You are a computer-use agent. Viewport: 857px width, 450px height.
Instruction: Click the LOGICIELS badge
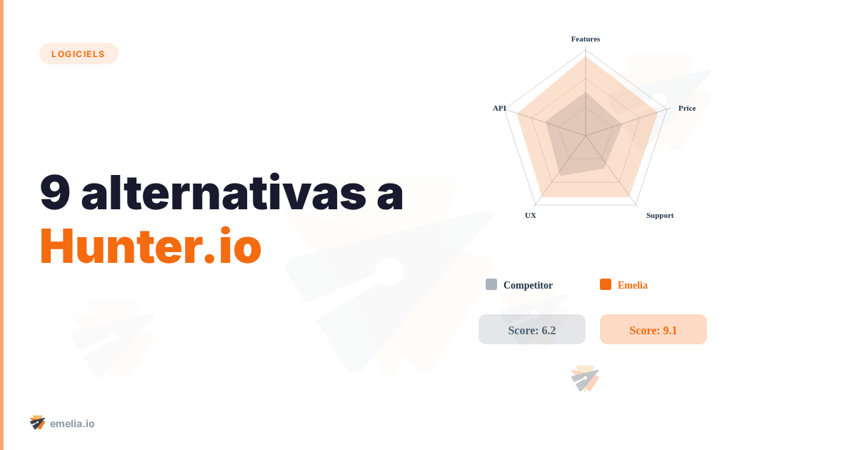pyautogui.click(x=79, y=54)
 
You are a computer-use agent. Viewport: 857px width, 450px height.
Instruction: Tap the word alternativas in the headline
pyautogui.click(x=223, y=193)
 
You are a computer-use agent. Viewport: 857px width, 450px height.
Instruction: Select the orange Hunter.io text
pyautogui.click(x=150, y=247)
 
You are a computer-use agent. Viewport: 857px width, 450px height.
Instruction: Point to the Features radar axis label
pyautogui.click(x=586, y=39)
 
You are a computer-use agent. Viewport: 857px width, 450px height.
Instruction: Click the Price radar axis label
pyautogui.click(x=687, y=108)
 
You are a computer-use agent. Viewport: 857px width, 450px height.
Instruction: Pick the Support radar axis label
pyautogui.click(x=660, y=215)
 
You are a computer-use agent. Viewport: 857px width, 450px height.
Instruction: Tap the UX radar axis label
pyautogui.click(x=531, y=215)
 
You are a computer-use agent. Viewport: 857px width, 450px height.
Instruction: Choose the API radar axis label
pyautogui.click(x=499, y=108)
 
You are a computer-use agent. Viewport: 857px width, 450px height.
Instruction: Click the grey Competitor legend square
pyautogui.click(x=491, y=284)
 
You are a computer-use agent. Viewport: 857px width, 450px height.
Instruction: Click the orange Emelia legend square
pyautogui.click(x=606, y=284)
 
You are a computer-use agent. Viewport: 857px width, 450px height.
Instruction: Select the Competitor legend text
pyautogui.click(x=528, y=285)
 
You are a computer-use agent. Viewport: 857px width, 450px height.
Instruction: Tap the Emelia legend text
pyautogui.click(x=633, y=285)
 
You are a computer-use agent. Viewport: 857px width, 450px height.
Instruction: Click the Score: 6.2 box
pyautogui.click(x=532, y=329)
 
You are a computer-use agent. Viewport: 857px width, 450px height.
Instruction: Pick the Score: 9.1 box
pyautogui.click(x=653, y=329)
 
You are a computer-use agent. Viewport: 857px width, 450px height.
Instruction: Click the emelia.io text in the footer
pyautogui.click(x=72, y=424)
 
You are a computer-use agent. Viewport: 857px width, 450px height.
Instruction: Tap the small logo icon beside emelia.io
pyautogui.click(x=38, y=423)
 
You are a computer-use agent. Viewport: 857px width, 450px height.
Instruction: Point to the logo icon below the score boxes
pyautogui.click(x=586, y=379)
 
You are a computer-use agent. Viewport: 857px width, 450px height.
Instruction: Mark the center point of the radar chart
pyautogui.click(x=586, y=136)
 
